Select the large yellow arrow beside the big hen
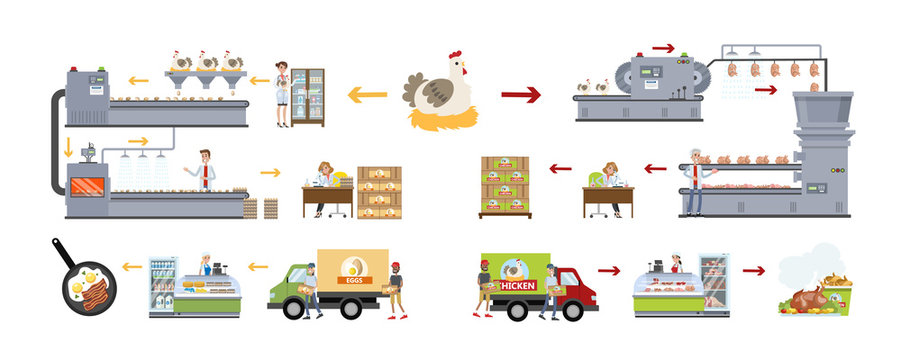click(367, 95)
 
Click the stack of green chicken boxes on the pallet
click(505, 185)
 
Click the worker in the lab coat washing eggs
click(205, 170)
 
